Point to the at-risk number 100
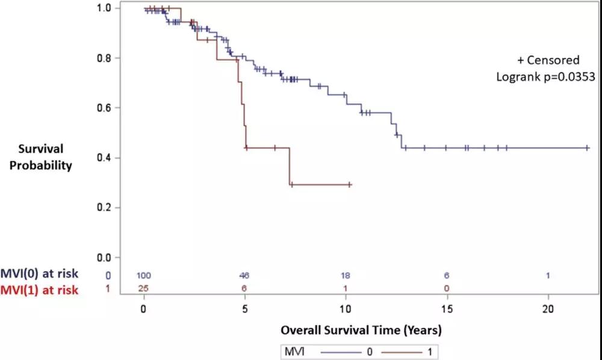click(144, 275)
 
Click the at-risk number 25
click(144, 288)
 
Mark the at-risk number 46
click(244, 275)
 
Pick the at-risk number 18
click(346, 275)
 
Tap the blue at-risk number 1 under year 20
click(548, 275)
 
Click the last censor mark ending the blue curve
click(588, 147)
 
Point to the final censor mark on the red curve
click(349, 185)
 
